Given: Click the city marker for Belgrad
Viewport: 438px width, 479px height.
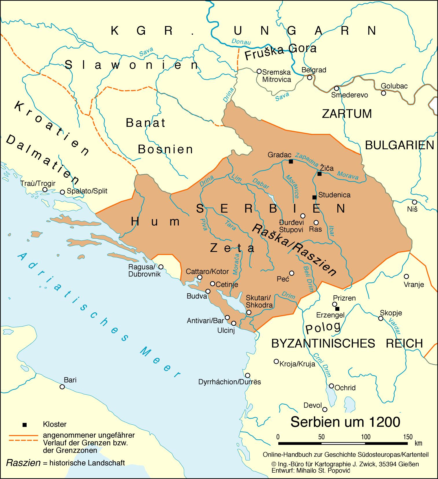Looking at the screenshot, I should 310,78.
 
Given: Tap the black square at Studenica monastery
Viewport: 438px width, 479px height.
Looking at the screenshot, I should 314,197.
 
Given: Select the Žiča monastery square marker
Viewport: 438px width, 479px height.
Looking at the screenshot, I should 319,174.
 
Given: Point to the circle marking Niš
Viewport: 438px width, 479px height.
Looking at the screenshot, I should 414,202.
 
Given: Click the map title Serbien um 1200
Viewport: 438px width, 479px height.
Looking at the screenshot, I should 345,422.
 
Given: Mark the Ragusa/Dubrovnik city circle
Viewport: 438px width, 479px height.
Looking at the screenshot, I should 161,267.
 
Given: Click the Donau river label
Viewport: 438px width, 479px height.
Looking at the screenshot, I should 241,42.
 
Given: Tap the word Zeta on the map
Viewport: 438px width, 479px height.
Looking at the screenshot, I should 232,248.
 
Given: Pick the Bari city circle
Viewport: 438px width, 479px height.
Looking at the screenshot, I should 62,387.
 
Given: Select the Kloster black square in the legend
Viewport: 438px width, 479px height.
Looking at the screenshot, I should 25,425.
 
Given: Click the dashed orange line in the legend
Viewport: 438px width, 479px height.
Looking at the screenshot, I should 23,441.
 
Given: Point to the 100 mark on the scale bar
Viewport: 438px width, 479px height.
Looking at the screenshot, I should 365,437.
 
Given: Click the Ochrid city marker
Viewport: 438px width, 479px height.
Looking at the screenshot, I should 332,386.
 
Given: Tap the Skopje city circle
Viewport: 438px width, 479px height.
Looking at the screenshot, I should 381,318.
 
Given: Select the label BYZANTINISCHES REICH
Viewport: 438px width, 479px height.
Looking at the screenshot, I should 347,343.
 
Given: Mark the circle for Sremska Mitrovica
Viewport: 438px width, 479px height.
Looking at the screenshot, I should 259,71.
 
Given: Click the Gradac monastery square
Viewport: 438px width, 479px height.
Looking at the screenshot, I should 291,162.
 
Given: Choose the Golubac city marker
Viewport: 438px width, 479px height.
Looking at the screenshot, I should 383,93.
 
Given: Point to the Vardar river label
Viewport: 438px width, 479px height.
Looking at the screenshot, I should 395,326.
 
